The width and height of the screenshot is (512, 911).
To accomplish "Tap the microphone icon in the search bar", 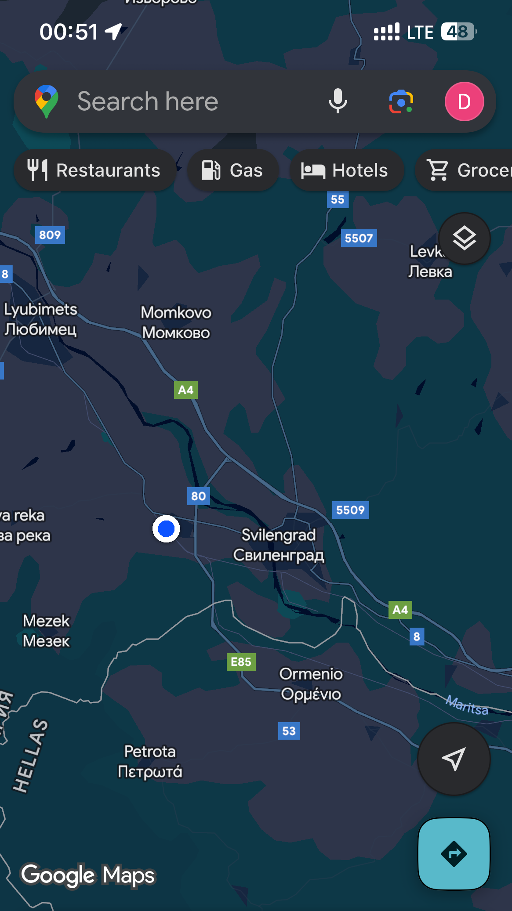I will coord(338,101).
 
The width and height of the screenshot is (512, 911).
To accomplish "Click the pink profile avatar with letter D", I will coord(464,101).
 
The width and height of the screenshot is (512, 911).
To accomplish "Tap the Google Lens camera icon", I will coord(401,101).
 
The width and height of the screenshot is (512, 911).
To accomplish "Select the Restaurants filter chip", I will coord(94,170).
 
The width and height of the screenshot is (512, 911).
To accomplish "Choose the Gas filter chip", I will coord(233,170).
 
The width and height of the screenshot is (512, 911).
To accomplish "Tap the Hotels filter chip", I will coord(346,170).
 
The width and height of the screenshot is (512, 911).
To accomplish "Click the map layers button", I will coord(464,239).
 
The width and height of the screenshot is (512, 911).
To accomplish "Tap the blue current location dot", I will coord(166,529).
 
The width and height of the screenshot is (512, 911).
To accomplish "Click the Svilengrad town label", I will coord(279,545).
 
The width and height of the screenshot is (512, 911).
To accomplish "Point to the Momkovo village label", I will coord(176,322).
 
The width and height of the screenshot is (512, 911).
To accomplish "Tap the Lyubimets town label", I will coord(40,319).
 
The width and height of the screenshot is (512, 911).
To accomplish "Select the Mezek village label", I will coord(46,631).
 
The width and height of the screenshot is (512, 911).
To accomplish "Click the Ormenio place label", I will coord(311,684).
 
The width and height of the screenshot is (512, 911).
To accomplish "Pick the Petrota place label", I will coord(150,761).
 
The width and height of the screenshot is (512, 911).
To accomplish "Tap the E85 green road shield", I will coord(241,662).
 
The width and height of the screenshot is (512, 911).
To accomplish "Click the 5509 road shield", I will coord(350,510).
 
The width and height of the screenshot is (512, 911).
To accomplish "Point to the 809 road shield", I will coord(50,235).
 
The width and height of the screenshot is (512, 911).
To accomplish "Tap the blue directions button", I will coord(454,854).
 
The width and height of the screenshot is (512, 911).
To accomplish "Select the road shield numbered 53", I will coord(289,731).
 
